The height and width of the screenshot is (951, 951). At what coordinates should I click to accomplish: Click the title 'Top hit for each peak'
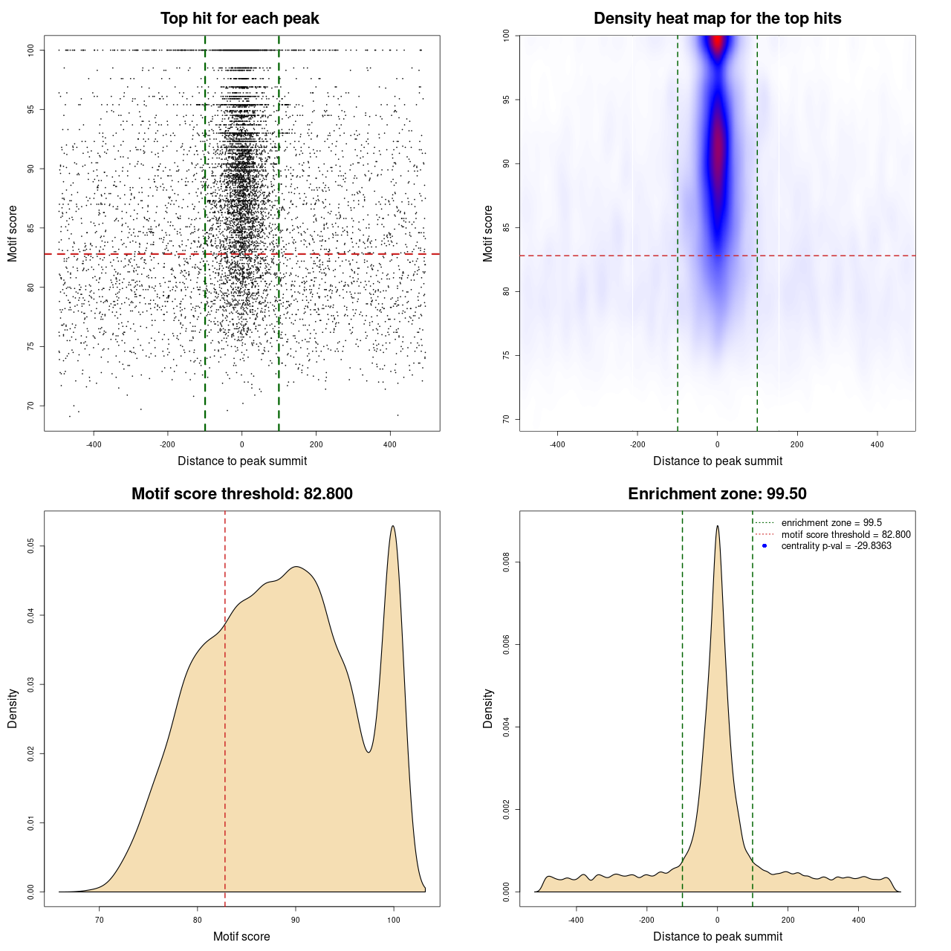(239, 19)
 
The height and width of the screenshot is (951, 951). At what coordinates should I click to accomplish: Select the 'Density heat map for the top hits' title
(717, 19)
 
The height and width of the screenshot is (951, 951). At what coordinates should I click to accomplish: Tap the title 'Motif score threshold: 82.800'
(241, 494)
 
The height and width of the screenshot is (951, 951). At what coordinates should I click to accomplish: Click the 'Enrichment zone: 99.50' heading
(717, 494)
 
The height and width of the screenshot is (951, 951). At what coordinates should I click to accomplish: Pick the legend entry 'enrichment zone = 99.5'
(831, 523)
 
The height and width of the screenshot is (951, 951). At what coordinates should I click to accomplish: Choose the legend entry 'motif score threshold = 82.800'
(845, 534)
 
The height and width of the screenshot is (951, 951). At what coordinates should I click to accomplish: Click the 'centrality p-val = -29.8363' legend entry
(836, 546)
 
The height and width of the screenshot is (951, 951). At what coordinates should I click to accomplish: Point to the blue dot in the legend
(765, 546)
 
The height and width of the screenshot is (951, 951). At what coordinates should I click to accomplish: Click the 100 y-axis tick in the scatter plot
(31, 50)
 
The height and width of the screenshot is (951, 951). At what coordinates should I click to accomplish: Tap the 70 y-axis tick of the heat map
(507, 419)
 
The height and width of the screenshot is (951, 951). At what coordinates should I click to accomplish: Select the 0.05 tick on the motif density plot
(31, 546)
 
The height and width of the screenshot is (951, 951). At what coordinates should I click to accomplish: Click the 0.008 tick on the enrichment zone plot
(507, 563)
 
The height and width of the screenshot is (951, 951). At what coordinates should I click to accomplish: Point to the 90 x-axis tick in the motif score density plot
(296, 920)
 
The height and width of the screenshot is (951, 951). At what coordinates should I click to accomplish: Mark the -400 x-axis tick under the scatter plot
(94, 444)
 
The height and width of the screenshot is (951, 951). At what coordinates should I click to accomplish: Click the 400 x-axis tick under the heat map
(877, 444)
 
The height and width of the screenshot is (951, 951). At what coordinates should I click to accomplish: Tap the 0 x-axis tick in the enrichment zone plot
(717, 920)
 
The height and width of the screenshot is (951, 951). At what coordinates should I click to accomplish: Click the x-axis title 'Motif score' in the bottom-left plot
(241, 936)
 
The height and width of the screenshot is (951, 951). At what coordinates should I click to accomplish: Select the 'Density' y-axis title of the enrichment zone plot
(488, 708)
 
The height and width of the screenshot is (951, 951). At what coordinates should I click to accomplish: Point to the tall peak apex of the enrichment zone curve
(717, 526)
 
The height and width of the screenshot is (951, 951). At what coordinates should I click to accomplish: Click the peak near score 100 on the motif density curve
(393, 527)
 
